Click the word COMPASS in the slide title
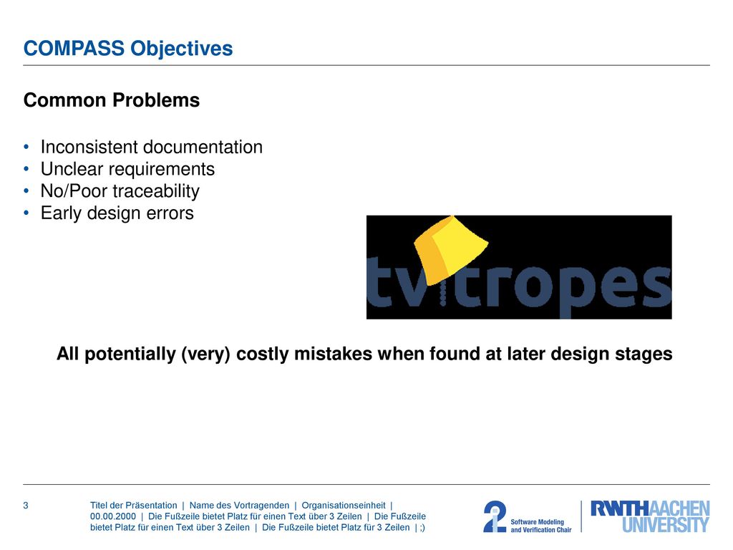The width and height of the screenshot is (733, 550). (74, 48)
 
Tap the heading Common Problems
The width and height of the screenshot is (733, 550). (112, 100)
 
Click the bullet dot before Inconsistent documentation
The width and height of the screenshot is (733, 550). (26, 148)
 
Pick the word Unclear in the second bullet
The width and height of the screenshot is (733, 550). (72, 169)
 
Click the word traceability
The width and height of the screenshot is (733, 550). (156, 191)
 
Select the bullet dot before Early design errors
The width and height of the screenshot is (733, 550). (26, 213)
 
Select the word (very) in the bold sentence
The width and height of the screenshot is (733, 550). (205, 354)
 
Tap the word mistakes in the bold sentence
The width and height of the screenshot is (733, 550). (333, 354)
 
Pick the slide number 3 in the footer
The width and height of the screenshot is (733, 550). (26, 506)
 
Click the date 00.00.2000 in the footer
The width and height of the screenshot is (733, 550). (113, 516)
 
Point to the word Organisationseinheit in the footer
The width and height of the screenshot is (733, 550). (344, 506)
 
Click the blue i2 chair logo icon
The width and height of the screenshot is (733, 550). (495, 516)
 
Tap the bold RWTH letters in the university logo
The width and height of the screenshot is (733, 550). (620, 508)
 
